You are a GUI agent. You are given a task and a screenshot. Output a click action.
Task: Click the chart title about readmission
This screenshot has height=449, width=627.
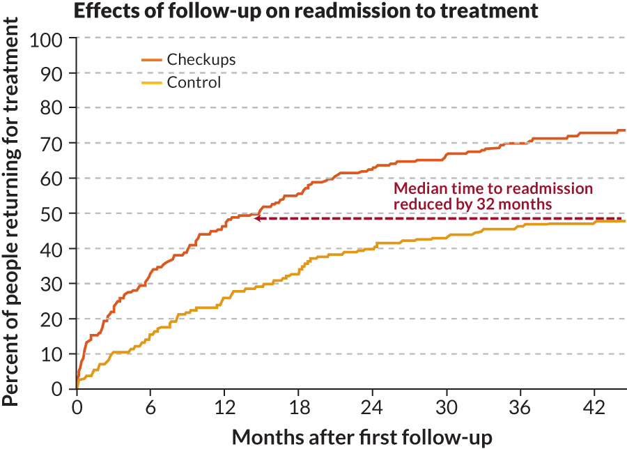point(306,10)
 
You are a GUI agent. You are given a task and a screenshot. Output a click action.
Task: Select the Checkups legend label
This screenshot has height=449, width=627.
point(201,59)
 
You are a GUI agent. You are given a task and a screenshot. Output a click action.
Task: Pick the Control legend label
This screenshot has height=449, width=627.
point(194,83)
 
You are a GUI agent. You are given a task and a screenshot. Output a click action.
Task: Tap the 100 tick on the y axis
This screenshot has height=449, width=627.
point(46,38)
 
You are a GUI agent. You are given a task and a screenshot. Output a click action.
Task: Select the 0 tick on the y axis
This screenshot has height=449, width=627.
point(59,389)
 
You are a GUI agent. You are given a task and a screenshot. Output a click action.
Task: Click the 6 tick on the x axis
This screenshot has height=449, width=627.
point(150,406)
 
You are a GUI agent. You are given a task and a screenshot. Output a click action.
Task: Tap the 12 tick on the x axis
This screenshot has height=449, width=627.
point(224,406)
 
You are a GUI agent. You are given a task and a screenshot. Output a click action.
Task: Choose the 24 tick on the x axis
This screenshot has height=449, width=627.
point(373,406)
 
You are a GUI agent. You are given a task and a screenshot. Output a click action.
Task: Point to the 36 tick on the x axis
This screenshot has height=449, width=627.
point(521,406)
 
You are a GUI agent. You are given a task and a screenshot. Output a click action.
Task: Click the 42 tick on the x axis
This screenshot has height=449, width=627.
point(595,406)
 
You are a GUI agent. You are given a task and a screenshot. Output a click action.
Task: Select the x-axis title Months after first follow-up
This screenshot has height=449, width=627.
point(362,436)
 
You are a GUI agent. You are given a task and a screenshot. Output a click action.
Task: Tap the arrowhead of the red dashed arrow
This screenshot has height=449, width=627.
point(257,219)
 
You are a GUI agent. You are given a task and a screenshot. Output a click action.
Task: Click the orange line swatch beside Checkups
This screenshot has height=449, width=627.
point(152,59)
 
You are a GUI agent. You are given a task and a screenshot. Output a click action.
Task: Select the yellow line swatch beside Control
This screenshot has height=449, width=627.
point(152,83)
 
